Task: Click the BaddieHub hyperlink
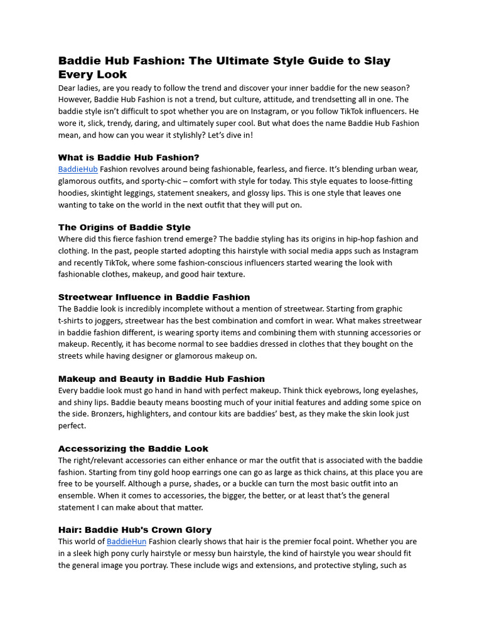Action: (x=78, y=169)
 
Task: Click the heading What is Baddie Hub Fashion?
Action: (x=129, y=157)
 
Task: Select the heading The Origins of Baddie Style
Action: (x=124, y=228)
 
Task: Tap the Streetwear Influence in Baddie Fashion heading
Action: (x=154, y=297)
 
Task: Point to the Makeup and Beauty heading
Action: (x=161, y=379)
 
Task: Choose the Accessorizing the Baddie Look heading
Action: (x=133, y=449)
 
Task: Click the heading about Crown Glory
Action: (x=135, y=530)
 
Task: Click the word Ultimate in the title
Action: (x=247, y=61)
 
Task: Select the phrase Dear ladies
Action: (x=79, y=88)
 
